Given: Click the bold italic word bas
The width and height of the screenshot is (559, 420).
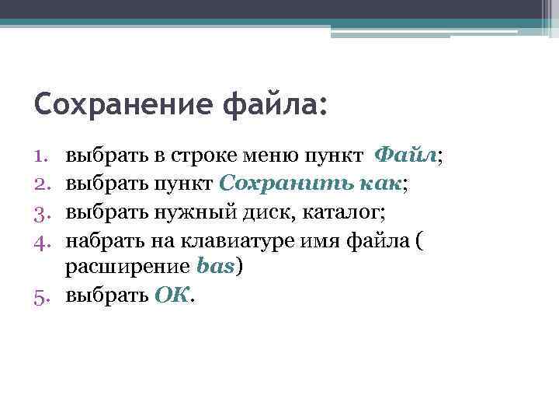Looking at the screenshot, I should pos(215,268).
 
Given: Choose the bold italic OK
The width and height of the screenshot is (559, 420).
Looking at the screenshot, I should pos(172,296).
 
